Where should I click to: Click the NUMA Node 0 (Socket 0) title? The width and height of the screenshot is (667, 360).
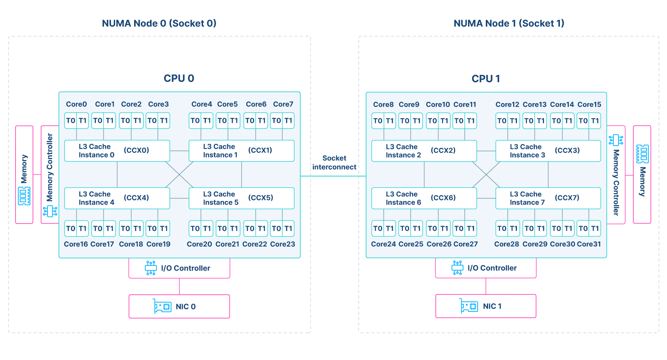[x=159, y=23]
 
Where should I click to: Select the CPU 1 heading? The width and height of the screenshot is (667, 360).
[x=485, y=79]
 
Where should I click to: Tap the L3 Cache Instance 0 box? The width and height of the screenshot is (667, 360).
[x=117, y=151]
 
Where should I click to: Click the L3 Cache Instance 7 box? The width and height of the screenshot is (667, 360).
[x=548, y=198]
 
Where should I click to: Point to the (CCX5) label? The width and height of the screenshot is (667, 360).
[x=261, y=198]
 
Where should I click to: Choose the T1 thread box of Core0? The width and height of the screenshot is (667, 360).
[x=83, y=120]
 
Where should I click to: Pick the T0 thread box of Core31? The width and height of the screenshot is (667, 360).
[x=583, y=228]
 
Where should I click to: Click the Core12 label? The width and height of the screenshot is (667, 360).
[x=507, y=105]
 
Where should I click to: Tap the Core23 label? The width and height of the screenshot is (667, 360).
[x=282, y=244]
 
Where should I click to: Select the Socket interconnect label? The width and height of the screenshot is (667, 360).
[x=334, y=162]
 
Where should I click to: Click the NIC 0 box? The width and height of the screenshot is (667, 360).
[x=179, y=306]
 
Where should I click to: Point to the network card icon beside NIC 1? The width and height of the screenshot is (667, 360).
[x=469, y=306]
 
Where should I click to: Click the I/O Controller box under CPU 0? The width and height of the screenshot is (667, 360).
[x=179, y=268]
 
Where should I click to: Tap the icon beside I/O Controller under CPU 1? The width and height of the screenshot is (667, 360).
[x=457, y=268]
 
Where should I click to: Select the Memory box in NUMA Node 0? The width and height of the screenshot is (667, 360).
[x=24, y=174]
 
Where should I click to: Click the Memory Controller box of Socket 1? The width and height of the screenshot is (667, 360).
[x=616, y=175]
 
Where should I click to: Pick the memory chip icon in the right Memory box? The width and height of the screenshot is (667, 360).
[x=642, y=154]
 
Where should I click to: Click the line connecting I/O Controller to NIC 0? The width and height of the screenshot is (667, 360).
[x=179, y=286]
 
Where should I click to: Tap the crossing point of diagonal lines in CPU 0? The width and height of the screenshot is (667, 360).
[x=179, y=174]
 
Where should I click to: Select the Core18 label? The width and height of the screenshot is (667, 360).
[x=131, y=244]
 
